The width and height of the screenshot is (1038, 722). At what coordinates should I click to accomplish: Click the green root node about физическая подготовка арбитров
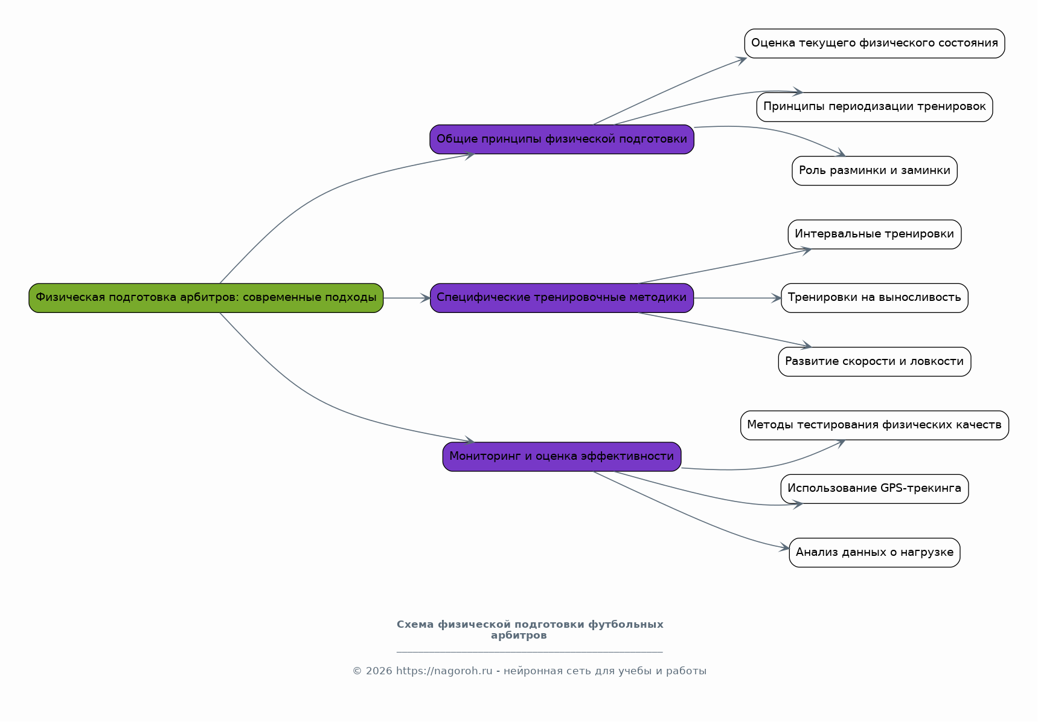tap(206, 298)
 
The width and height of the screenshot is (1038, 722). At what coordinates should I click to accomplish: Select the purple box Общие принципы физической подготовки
tap(562, 140)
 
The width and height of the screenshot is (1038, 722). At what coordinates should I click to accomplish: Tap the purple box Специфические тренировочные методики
tap(562, 298)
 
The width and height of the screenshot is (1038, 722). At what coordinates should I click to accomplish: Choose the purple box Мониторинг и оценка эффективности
tap(562, 457)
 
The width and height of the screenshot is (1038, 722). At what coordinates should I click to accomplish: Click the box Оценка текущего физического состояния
tap(874, 44)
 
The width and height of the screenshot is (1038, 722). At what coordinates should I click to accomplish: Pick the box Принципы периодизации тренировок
tap(874, 107)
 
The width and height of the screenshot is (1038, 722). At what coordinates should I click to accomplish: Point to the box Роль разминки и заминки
tap(874, 171)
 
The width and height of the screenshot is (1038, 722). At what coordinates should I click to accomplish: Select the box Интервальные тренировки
tap(874, 234)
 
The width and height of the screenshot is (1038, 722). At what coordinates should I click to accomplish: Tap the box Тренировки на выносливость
tap(874, 298)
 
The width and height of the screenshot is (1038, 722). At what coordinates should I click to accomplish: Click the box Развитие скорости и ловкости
tap(874, 362)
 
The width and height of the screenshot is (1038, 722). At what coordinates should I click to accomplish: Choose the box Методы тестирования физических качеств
tap(874, 425)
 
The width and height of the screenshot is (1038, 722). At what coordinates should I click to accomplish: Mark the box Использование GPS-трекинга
tap(874, 489)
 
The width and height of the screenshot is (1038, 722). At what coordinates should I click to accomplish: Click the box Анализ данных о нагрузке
tap(874, 553)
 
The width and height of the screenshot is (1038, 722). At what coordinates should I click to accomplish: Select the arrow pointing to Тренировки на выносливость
tap(737, 298)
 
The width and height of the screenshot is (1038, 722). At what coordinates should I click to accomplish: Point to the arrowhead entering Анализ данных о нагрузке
tap(785, 548)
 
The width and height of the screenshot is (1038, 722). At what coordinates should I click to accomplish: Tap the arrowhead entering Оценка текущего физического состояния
tap(742, 59)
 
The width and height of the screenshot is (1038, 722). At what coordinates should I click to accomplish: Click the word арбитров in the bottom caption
tap(519, 636)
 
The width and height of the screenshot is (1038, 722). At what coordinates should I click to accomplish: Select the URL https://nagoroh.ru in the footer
tap(444, 671)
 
